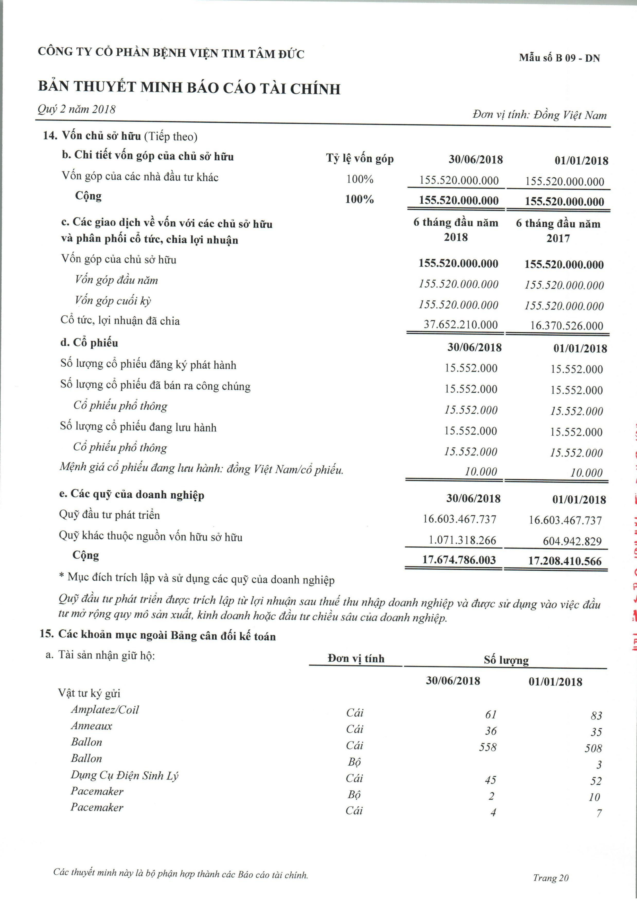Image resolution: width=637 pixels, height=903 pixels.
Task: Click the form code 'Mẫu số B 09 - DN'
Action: click(559, 58)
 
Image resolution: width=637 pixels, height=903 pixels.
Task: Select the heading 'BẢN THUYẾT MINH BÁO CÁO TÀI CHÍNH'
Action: click(189, 88)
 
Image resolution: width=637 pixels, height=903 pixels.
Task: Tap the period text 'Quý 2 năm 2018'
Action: click(77, 109)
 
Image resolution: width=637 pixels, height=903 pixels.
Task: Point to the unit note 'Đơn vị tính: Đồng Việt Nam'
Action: click(539, 115)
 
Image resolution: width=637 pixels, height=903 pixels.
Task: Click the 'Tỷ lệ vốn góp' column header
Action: click(360, 158)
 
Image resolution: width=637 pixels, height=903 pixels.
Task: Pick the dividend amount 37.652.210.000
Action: click(460, 324)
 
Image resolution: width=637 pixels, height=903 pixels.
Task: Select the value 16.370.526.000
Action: click(566, 326)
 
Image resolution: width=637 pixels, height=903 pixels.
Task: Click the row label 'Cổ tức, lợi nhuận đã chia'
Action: click(120, 321)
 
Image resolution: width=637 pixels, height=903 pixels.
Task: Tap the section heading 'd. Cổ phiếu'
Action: click(89, 343)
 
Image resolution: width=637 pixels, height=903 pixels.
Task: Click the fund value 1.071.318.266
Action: click(462, 540)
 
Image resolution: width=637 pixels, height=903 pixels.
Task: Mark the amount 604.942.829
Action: click(572, 541)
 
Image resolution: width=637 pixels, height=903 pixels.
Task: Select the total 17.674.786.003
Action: click(459, 560)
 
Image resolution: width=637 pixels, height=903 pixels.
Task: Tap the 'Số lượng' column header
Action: click(506, 660)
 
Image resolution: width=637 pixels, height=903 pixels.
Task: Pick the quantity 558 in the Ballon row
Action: click(488, 747)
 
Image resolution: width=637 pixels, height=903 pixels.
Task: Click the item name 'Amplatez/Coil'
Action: click(105, 710)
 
